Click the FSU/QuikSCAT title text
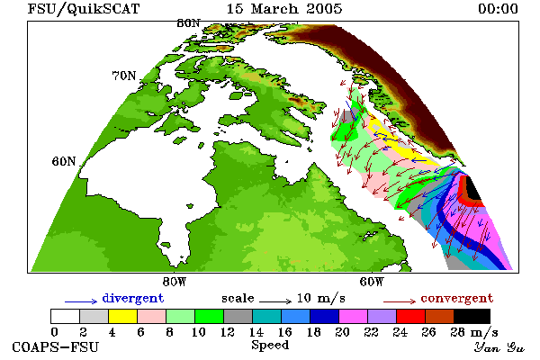(84, 9)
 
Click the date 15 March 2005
(284, 9)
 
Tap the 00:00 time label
(498, 9)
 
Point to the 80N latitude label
(188, 23)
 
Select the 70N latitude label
(124, 76)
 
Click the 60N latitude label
(64, 161)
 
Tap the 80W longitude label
(175, 282)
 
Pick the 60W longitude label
(371, 282)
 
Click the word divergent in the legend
(133, 298)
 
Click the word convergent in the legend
(457, 298)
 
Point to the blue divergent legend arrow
(81, 301)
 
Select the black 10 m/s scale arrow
(275, 301)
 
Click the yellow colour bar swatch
(122, 316)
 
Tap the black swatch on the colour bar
(472, 316)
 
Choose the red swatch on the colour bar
(410, 316)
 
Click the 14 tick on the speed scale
(256, 332)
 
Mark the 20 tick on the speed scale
(342, 332)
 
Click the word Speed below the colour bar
(270, 346)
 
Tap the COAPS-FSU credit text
(55, 346)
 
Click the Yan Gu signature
(499, 347)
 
